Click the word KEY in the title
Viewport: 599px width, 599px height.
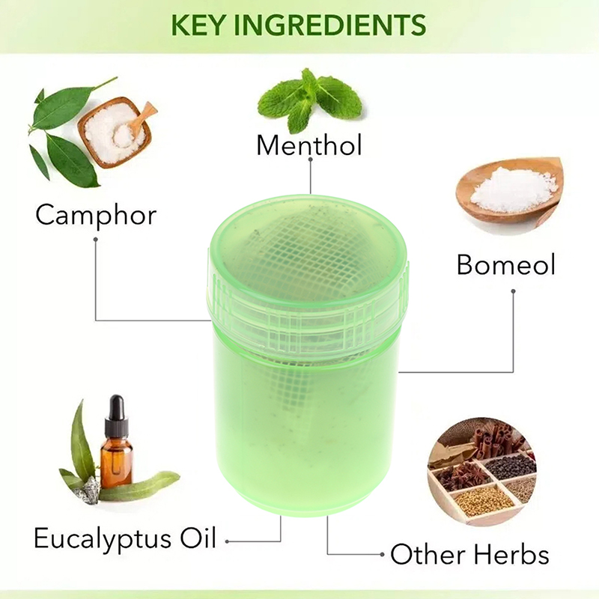click(x=196, y=24)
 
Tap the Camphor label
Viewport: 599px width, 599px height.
click(x=96, y=215)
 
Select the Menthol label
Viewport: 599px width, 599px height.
click(x=309, y=145)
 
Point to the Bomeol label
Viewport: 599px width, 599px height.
click(x=506, y=264)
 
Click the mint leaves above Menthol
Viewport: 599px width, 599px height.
click(x=308, y=99)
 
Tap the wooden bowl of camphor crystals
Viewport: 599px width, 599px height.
click(x=114, y=132)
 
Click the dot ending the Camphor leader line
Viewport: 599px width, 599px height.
click(x=96, y=240)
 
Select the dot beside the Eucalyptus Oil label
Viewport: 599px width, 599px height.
click(x=228, y=539)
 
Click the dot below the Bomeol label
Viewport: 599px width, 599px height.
click(x=514, y=290)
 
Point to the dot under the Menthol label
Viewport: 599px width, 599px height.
click(x=310, y=168)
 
